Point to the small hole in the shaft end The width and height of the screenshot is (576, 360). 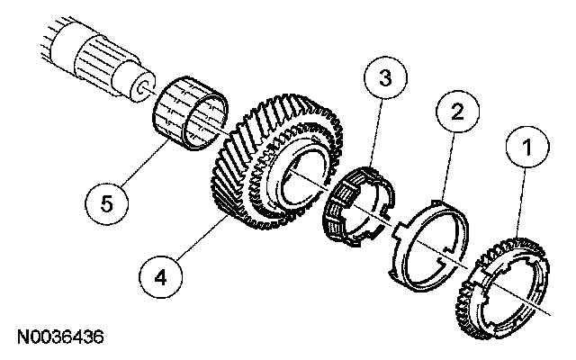(x=143, y=88)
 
